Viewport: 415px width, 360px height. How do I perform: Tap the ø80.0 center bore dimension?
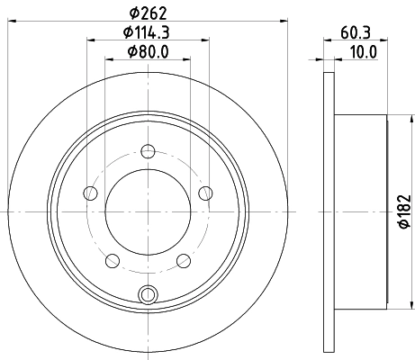click(x=149, y=51)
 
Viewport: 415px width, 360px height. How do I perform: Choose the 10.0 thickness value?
click(x=364, y=51)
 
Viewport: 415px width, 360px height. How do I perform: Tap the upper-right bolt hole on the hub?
click(x=206, y=192)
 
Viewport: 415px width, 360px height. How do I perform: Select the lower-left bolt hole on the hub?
click(x=113, y=260)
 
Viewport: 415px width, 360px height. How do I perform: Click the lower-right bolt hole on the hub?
click(x=185, y=260)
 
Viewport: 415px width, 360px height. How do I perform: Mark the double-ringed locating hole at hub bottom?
click(x=149, y=292)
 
